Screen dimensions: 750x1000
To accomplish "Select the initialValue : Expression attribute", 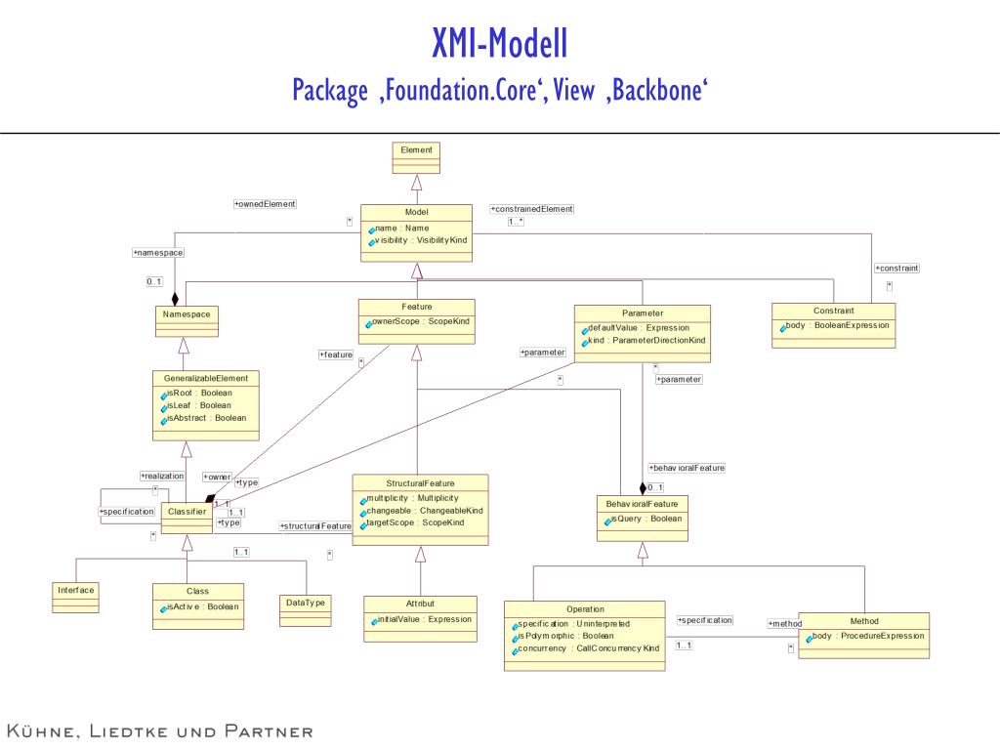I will click(x=424, y=619).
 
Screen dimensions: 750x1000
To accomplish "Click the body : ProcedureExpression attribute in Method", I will click(x=866, y=636).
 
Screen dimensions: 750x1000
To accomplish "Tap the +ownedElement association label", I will click(x=265, y=204).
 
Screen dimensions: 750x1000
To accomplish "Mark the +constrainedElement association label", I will click(x=532, y=209).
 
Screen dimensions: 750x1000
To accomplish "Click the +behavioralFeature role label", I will click(x=686, y=469).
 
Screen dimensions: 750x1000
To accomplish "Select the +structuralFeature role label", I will click(x=315, y=526).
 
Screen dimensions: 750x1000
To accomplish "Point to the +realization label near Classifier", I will click(x=162, y=476).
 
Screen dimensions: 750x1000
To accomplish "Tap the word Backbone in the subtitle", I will click(x=661, y=90).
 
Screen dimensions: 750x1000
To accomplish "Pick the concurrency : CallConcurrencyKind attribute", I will click(x=588, y=648).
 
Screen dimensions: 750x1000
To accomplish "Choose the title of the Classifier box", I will click(x=186, y=511).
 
